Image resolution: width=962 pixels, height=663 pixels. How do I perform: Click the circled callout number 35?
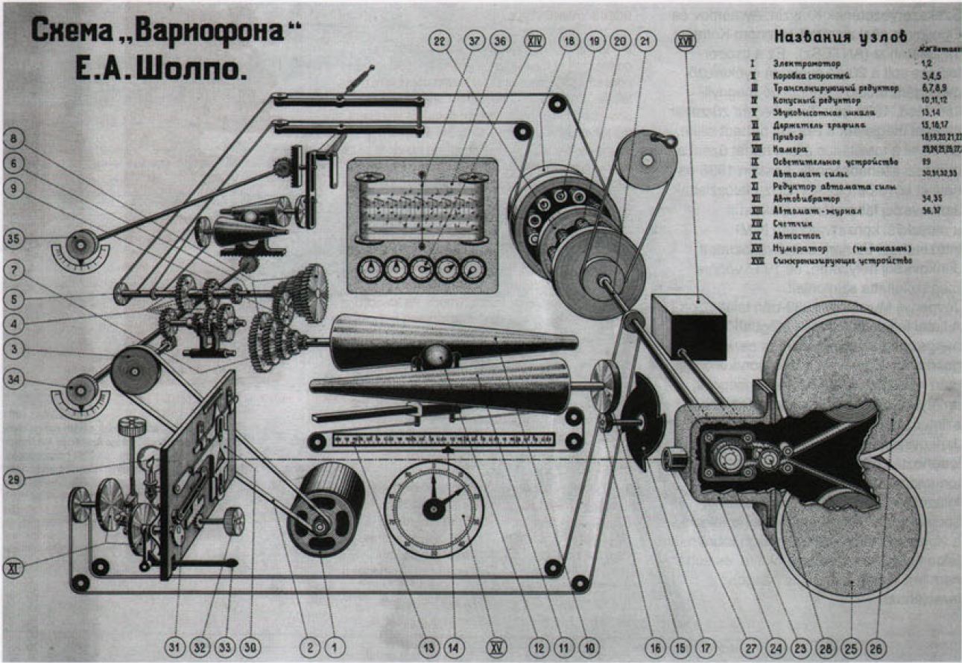pos(16,240)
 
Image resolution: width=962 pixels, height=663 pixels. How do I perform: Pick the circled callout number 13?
pos(425,647)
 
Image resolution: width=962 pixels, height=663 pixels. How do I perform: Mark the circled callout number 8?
pos(16,137)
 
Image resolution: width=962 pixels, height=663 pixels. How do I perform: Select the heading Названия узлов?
pos(841,35)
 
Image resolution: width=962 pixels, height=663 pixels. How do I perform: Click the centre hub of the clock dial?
pos(434,508)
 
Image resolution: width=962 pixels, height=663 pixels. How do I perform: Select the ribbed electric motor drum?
pos(325,510)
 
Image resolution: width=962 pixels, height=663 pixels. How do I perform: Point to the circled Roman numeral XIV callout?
pos(534,42)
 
